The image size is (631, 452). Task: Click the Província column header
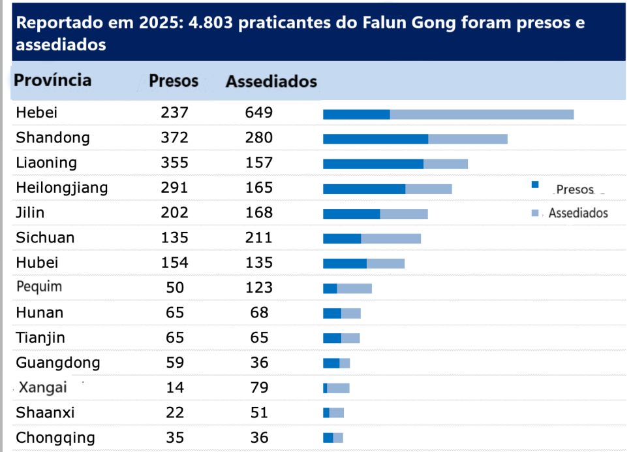click(x=53, y=80)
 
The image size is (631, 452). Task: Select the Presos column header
click(x=174, y=81)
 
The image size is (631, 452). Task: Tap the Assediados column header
click(x=271, y=82)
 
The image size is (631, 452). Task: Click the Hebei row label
click(x=37, y=113)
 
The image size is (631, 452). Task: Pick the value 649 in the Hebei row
click(x=259, y=113)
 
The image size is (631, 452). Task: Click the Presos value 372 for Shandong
click(x=174, y=138)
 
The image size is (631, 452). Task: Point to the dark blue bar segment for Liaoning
click(x=373, y=164)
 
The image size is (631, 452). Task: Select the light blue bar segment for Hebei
click(x=482, y=114)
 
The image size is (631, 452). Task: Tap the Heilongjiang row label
click(x=62, y=188)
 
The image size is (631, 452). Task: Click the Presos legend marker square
click(x=535, y=185)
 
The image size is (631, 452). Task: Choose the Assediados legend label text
click(x=577, y=213)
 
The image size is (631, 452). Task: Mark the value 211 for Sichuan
click(x=259, y=238)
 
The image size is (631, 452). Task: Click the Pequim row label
click(x=39, y=287)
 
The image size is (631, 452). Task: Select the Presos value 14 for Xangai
click(x=174, y=387)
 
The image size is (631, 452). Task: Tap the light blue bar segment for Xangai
click(x=338, y=388)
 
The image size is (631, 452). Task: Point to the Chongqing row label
click(x=55, y=438)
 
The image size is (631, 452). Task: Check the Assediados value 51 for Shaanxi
click(x=259, y=413)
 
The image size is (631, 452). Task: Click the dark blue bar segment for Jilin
click(x=351, y=214)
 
